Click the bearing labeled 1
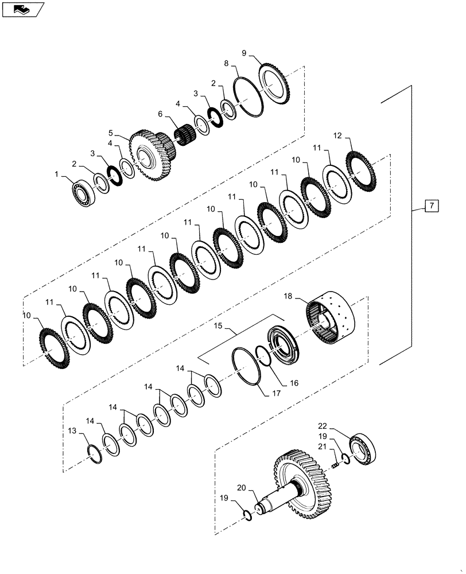pyautogui.click(x=83, y=191)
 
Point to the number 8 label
pyautogui.click(x=226, y=64)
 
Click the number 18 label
pyautogui.click(x=288, y=297)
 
